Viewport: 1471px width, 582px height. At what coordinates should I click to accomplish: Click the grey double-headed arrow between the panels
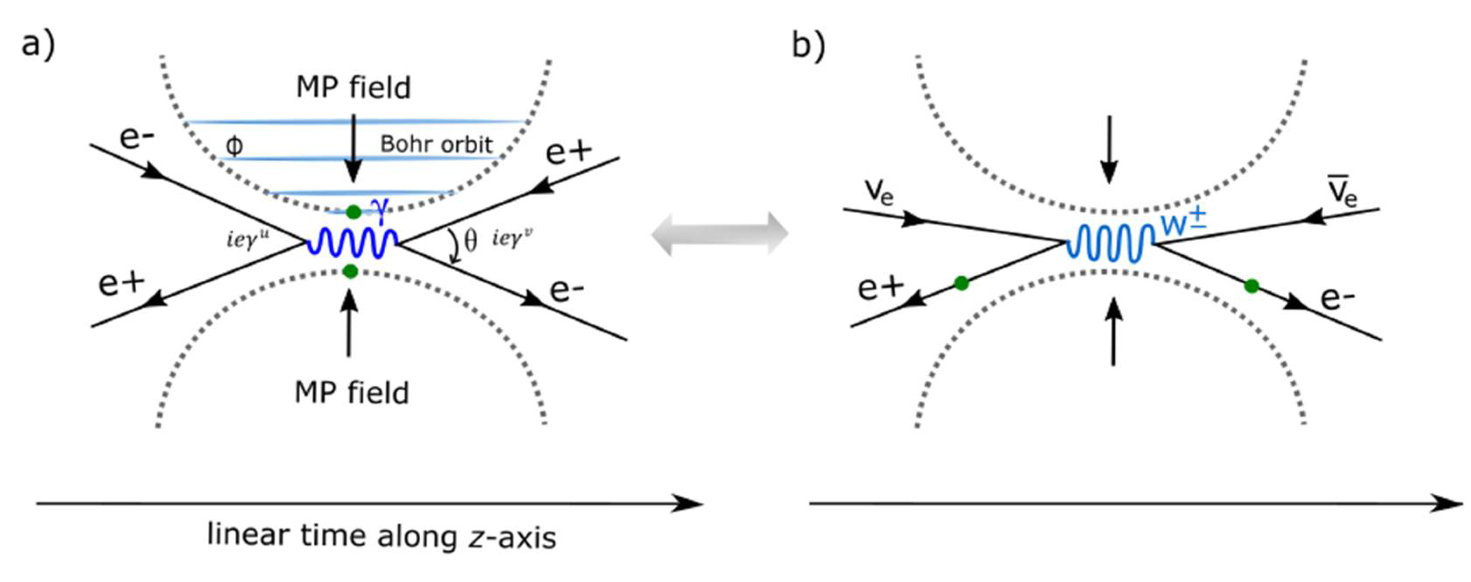[720, 233]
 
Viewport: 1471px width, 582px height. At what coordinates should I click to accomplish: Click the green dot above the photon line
[353, 212]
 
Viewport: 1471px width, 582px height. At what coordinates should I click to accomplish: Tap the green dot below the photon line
[351, 271]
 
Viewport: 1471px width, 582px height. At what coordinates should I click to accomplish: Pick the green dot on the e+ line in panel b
[962, 283]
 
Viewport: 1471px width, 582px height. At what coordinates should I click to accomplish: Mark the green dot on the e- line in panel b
[1252, 286]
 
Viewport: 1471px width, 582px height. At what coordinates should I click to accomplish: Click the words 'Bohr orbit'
[436, 144]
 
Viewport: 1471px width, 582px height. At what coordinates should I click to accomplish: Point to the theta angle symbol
[471, 240]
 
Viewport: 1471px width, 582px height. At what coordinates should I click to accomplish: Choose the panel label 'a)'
[38, 45]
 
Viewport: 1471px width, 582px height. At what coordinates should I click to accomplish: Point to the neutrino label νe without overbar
[878, 191]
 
